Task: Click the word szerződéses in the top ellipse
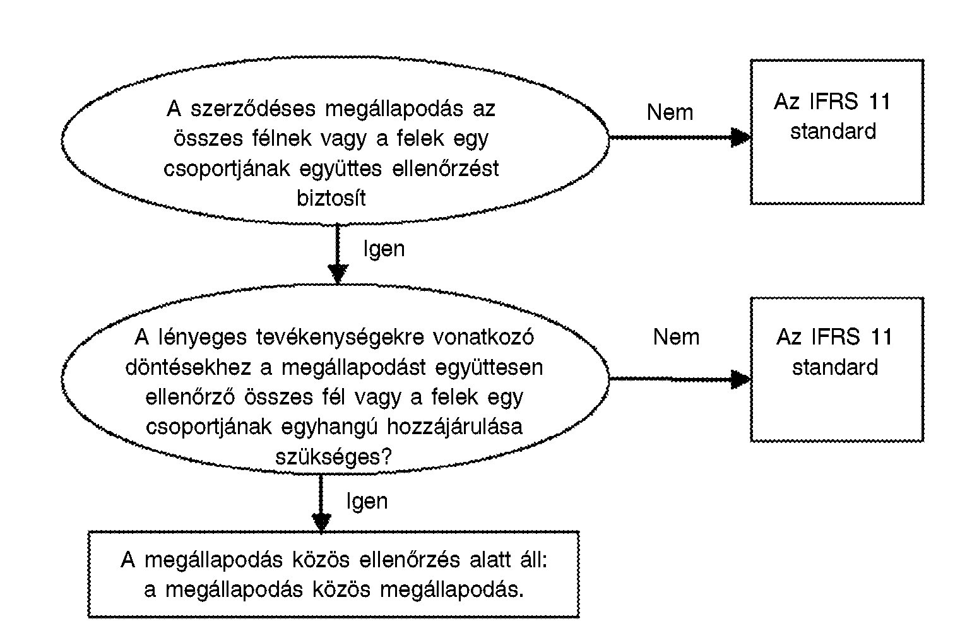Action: click(253, 109)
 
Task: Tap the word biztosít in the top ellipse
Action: click(331, 198)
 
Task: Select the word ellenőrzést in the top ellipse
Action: click(445, 168)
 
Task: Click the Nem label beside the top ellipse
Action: click(670, 112)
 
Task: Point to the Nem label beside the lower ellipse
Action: click(676, 337)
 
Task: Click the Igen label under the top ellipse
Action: click(384, 249)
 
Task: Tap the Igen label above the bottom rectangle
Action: click(367, 502)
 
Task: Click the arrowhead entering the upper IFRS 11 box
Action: click(740, 138)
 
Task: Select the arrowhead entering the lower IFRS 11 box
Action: click(740, 379)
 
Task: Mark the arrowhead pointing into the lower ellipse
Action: click(338, 274)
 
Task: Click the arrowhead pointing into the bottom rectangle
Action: click(321, 522)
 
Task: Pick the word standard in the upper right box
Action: click(833, 131)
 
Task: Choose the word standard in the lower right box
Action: click(835, 367)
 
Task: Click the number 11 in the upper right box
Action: click(879, 102)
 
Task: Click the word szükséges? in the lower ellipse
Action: click(333, 457)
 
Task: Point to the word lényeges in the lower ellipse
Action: click(203, 338)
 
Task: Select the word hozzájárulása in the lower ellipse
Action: click(454, 427)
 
